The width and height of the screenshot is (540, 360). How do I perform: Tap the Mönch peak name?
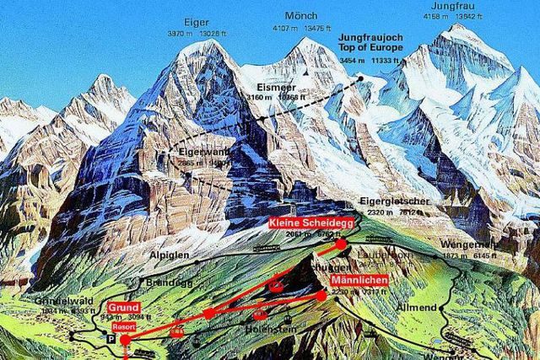pyautogui.click(x=301, y=16)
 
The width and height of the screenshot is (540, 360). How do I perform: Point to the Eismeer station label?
pyautogui.click(x=275, y=87)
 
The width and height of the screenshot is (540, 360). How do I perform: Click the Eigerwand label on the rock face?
pyautogui.click(x=198, y=151)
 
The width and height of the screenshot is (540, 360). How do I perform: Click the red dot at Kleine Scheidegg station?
pyautogui.click(x=341, y=244)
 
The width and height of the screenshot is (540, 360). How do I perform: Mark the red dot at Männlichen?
pyautogui.click(x=321, y=295)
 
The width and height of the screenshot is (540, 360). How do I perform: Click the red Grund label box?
pyautogui.click(x=123, y=309)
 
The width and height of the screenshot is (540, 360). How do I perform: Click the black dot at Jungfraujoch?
pyautogui.click(x=360, y=78)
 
